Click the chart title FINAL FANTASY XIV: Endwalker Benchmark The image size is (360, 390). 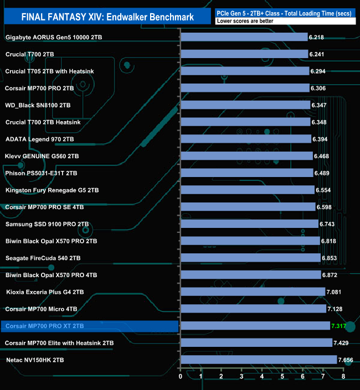coord(107,17)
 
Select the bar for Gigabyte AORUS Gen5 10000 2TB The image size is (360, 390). coord(244,37)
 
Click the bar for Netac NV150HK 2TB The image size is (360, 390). coord(259,360)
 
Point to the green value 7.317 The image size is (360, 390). coord(339,326)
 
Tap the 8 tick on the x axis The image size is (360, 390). coord(343,377)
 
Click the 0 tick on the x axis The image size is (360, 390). coord(181,377)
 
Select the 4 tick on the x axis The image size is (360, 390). coord(262,377)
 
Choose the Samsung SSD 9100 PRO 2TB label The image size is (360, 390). coord(47,224)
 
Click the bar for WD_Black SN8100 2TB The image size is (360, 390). coord(245,105)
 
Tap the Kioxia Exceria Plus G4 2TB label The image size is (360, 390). coord(45,292)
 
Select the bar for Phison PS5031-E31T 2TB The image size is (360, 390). coord(247,173)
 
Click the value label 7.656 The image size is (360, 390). coord(348,360)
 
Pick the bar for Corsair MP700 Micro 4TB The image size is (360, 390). coord(253,309)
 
